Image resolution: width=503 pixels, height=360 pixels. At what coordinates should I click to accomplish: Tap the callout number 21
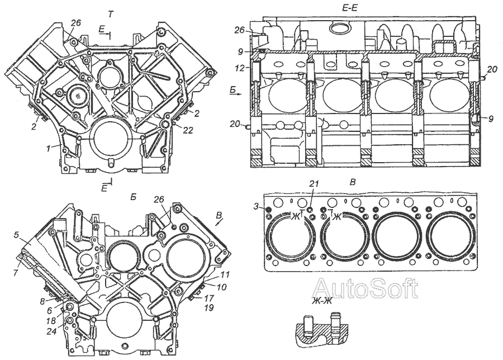(314, 183)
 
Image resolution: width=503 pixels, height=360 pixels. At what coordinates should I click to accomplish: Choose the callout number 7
(16, 272)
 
